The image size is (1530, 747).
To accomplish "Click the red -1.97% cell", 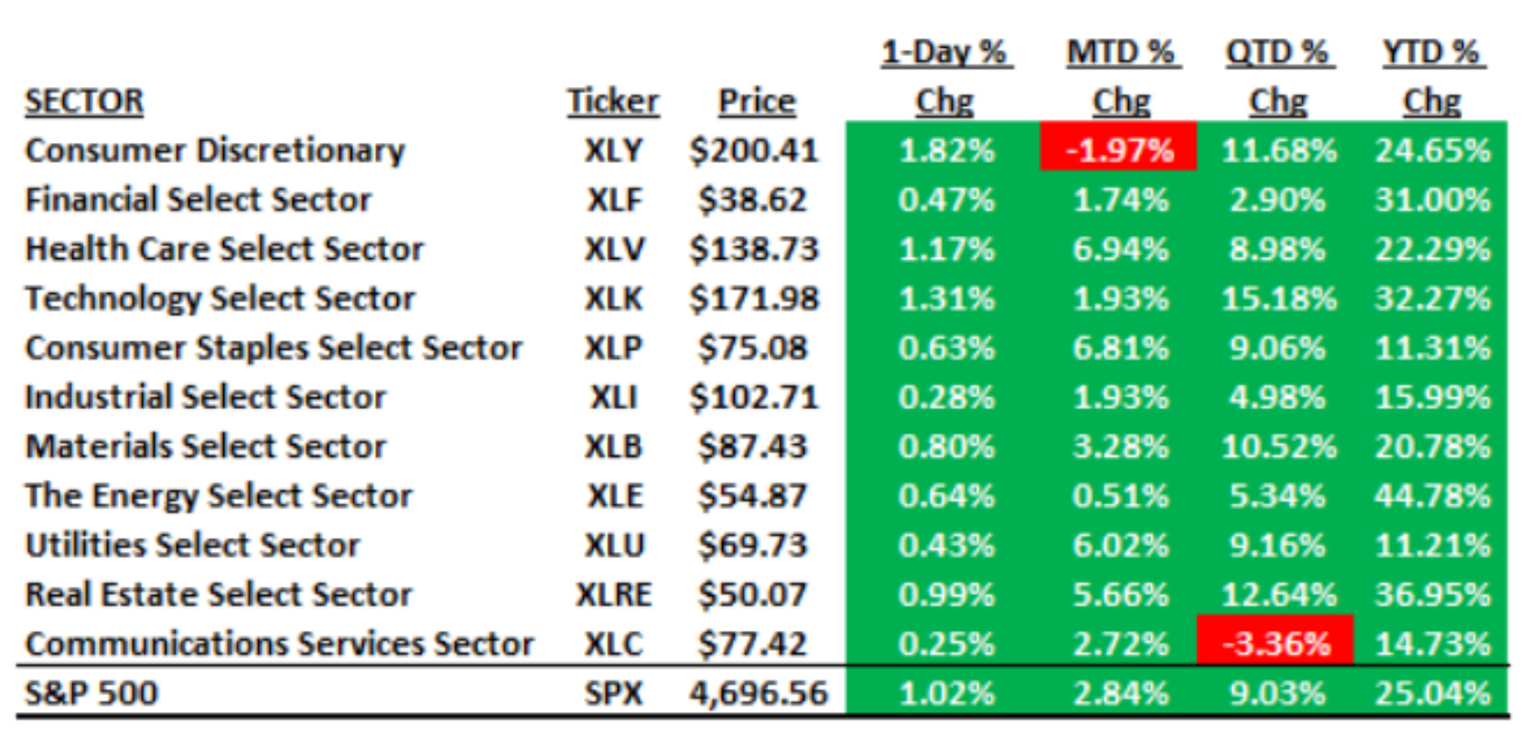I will point(1119,150).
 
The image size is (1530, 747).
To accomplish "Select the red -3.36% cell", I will point(1276,644).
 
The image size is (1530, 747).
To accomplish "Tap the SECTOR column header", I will point(84,101).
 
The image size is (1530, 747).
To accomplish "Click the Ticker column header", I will point(612,101).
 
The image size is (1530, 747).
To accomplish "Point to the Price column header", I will point(757,101).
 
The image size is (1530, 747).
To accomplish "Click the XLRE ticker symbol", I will point(613,595).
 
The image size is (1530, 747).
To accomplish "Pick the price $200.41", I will point(753,150).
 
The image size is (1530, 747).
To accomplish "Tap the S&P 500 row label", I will point(92,693).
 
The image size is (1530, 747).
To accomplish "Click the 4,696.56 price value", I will point(758,693).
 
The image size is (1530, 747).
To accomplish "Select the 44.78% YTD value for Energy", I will point(1432,496).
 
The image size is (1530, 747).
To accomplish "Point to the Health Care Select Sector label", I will point(224,249).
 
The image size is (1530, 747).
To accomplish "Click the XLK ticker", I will point(613,298).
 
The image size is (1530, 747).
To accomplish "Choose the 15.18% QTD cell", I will point(1278,298).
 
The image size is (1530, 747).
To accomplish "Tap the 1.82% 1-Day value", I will point(946,150).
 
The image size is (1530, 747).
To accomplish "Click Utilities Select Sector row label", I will point(192,546).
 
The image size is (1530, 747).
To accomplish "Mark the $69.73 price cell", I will point(752,546).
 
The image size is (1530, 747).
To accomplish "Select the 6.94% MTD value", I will point(1120,249).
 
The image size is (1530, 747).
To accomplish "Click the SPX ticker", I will point(613,693).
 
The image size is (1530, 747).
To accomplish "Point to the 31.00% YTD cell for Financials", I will point(1432,200).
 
